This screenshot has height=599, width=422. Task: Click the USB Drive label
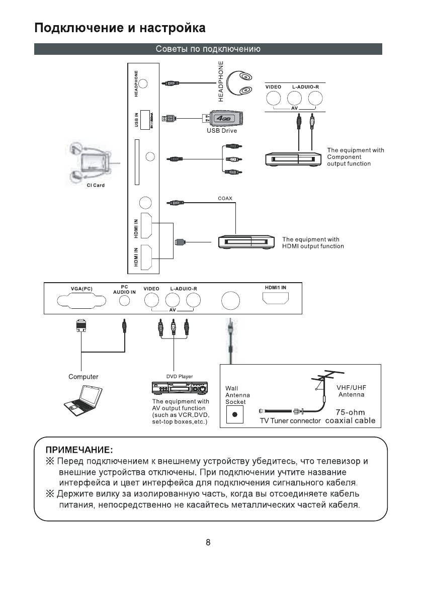[x=221, y=131]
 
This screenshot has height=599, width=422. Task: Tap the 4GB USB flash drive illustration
[x=224, y=119]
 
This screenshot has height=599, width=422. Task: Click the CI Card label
[x=95, y=186]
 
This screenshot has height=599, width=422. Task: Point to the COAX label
[x=225, y=198]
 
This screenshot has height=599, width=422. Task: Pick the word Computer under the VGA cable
[x=83, y=377]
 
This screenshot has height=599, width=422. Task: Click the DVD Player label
[x=180, y=376]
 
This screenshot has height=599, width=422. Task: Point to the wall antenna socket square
[x=235, y=415]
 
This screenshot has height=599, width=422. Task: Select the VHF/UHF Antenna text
[x=351, y=391]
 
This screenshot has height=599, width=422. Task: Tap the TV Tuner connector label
[x=290, y=421]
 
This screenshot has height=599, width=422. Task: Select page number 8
[x=208, y=542]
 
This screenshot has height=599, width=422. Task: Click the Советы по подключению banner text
[x=208, y=49]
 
